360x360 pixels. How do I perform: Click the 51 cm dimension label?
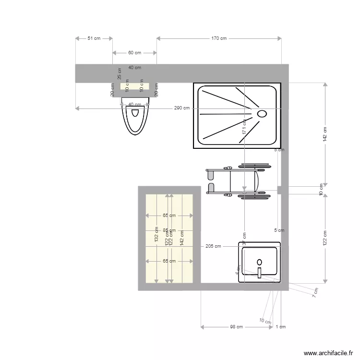click(94, 38)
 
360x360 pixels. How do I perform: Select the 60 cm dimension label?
click(134, 53)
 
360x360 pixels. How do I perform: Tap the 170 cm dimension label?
click(219, 38)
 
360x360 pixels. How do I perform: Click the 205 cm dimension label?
click(213, 246)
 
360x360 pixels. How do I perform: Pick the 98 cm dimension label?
click(236, 327)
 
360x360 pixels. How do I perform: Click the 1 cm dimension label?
click(281, 327)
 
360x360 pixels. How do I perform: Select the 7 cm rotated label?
click(315, 292)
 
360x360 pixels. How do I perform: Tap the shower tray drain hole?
click(262, 114)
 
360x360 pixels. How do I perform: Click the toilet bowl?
click(135, 115)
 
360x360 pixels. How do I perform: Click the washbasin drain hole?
click(260, 262)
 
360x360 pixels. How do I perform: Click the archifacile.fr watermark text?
click(328, 353)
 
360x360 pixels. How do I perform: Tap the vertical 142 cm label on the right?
click(325, 134)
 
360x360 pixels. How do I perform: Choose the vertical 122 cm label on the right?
click(325, 238)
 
